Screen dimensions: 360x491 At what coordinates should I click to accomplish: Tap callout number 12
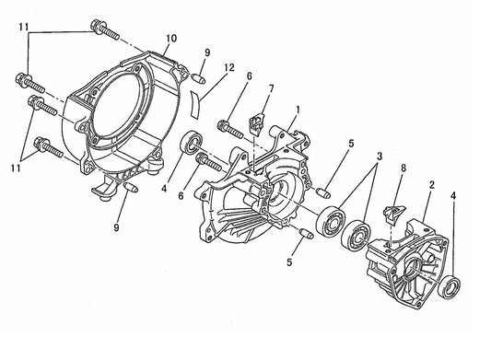[228, 68]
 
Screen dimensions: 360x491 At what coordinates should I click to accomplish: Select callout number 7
[270, 88]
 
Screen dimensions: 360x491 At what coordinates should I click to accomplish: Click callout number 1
[297, 110]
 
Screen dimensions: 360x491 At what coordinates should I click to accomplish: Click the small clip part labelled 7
[259, 121]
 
